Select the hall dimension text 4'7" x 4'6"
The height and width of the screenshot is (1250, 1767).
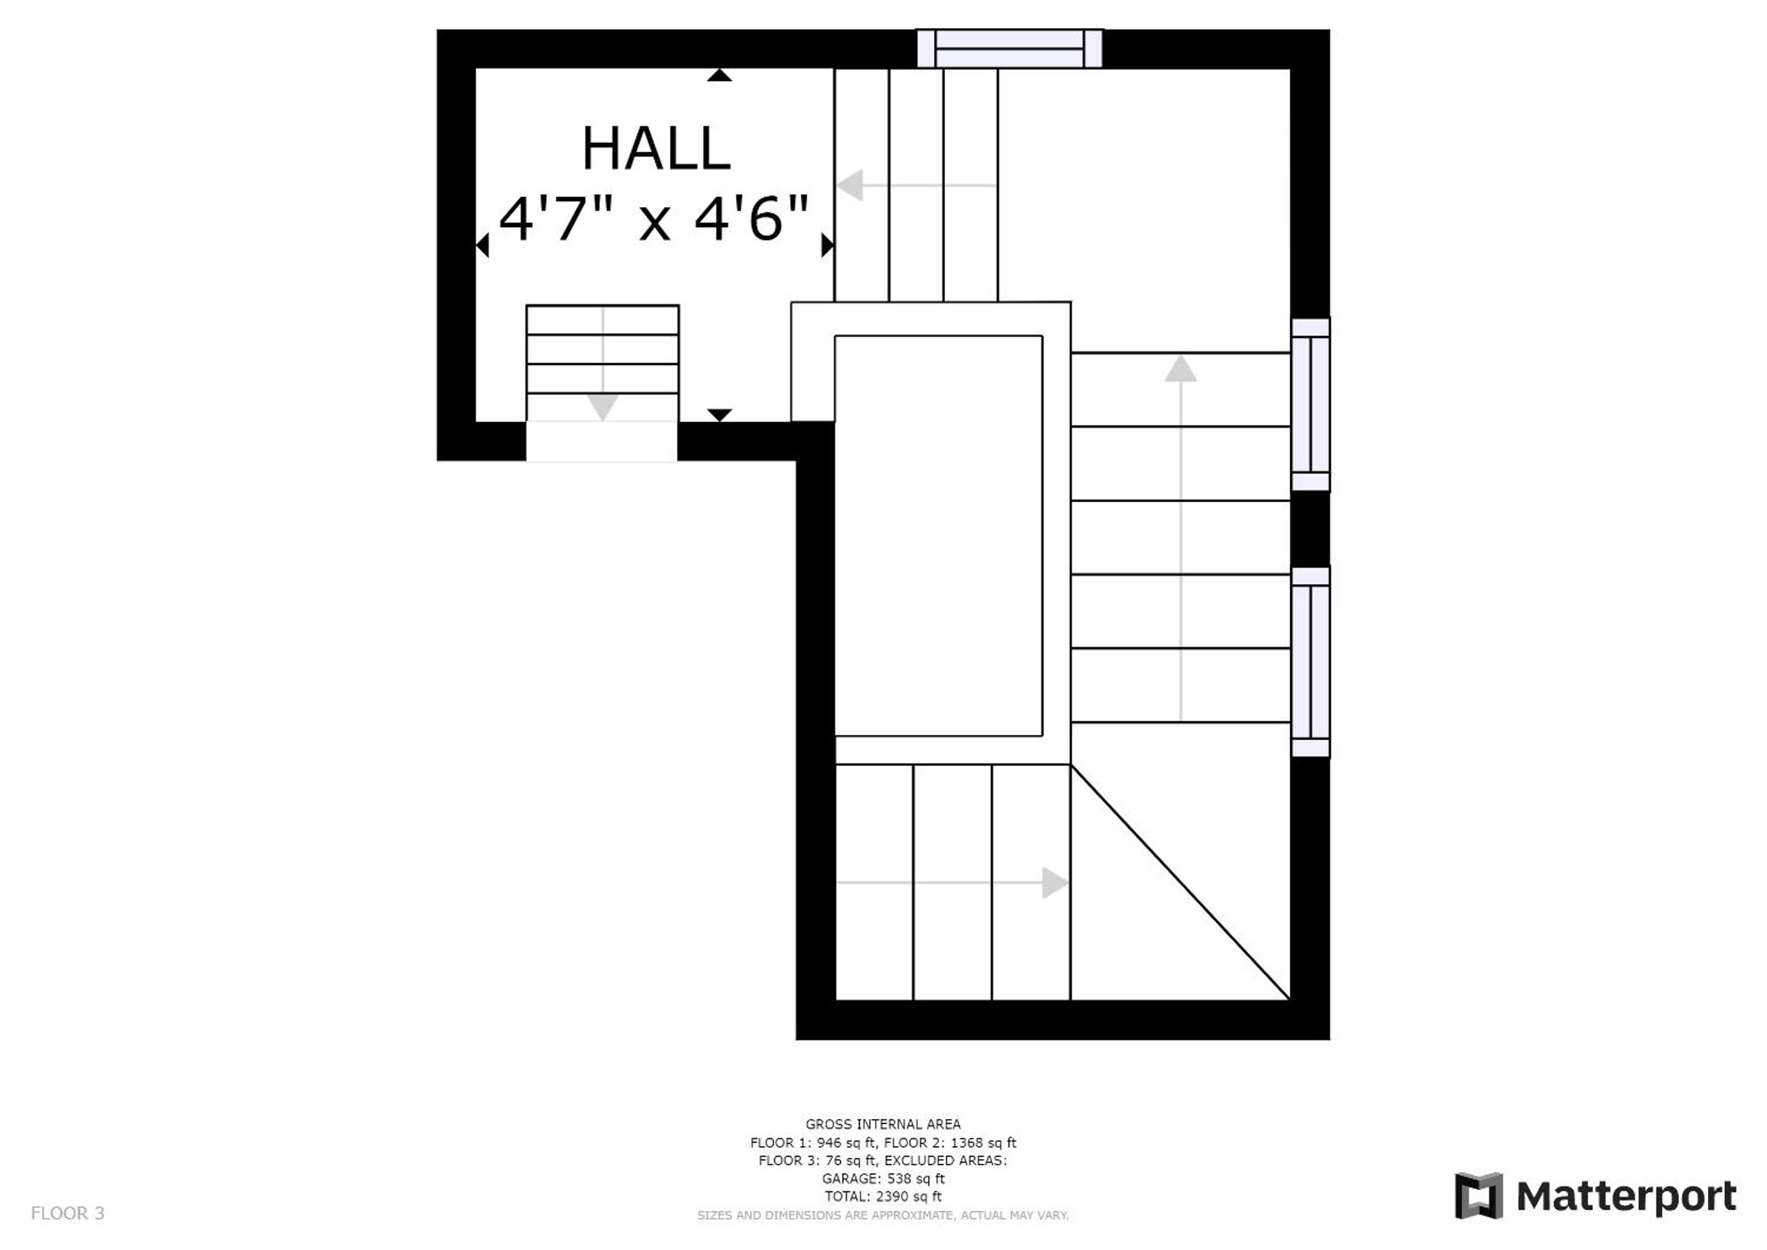tap(654, 219)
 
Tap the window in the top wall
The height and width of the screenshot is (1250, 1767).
tap(1009, 48)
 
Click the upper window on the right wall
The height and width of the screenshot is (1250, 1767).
tap(1310, 404)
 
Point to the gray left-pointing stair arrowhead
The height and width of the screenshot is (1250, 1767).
tap(850, 186)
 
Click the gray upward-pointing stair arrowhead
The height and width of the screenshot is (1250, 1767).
tap(1180, 368)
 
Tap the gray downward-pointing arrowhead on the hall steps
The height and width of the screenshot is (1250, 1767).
tap(602, 407)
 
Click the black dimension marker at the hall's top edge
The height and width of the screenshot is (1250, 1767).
tap(720, 74)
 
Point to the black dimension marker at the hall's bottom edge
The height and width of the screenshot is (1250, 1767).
tap(720, 416)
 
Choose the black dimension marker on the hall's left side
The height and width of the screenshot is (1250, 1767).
tap(483, 245)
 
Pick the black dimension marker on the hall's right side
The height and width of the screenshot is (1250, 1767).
tap(827, 245)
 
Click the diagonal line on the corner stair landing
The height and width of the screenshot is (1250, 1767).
tap(1180, 882)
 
